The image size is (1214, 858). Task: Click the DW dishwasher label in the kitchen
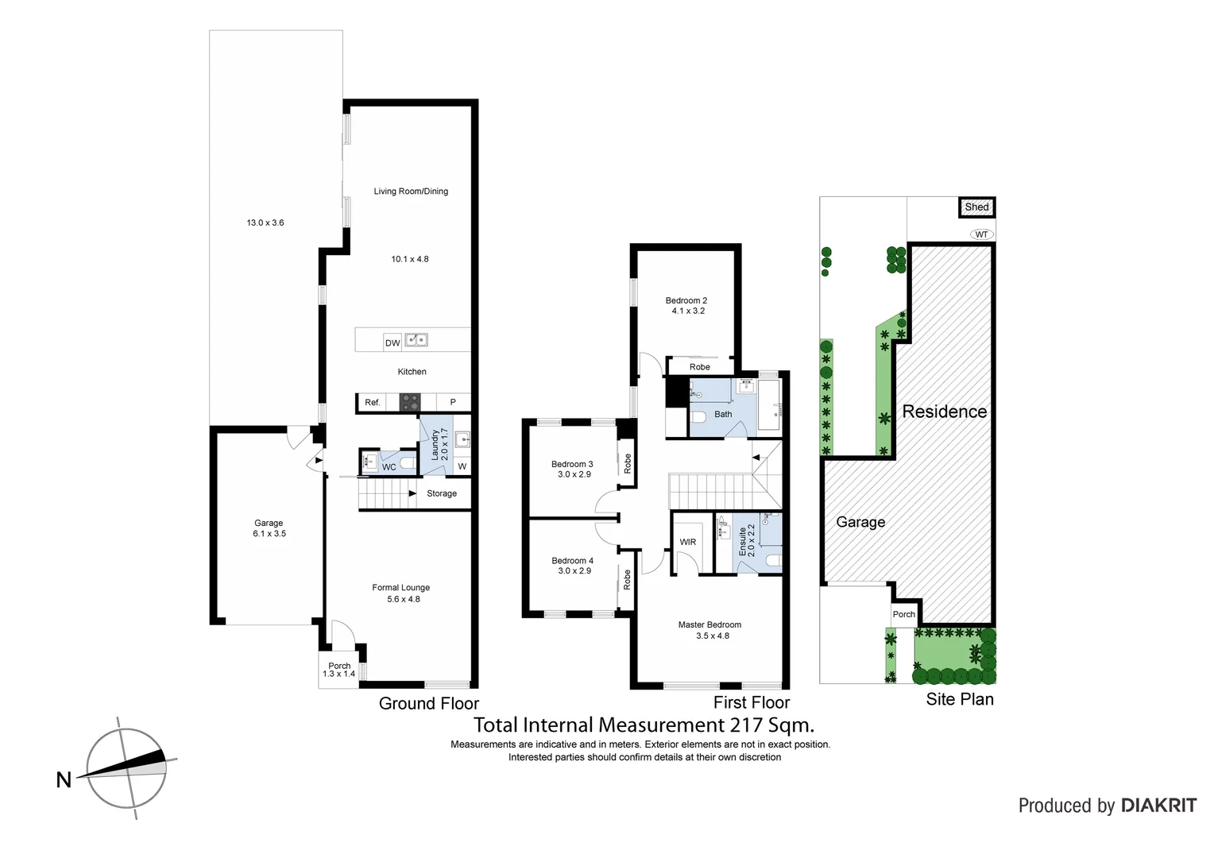point(392,343)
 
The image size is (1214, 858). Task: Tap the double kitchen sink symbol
point(416,340)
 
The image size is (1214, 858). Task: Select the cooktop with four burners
point(409,402)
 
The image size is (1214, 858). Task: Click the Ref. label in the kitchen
point(373,403)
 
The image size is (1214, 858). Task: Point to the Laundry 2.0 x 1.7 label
point(439,445)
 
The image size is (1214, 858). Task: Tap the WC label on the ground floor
point(389,467)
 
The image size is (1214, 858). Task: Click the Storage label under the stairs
point(442,493)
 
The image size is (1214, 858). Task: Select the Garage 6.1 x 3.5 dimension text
point(269,534)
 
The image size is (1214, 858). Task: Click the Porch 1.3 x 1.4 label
point(339,670)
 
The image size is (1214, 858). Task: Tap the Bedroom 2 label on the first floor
point(686,300)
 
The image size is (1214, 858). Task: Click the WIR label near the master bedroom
point(688,542)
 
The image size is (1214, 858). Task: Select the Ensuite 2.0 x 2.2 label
point(747,540)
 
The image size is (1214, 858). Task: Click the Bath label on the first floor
point(723,414)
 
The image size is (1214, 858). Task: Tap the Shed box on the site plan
point(976,207)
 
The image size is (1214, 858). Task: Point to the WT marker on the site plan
point(982,234)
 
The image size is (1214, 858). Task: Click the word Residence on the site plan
point(945,412)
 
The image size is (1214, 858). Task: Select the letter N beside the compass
point(64,780)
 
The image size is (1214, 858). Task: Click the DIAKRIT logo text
point(1158,806)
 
